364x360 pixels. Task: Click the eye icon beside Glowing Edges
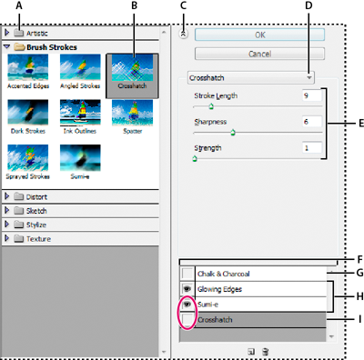click(x=186, y=289)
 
